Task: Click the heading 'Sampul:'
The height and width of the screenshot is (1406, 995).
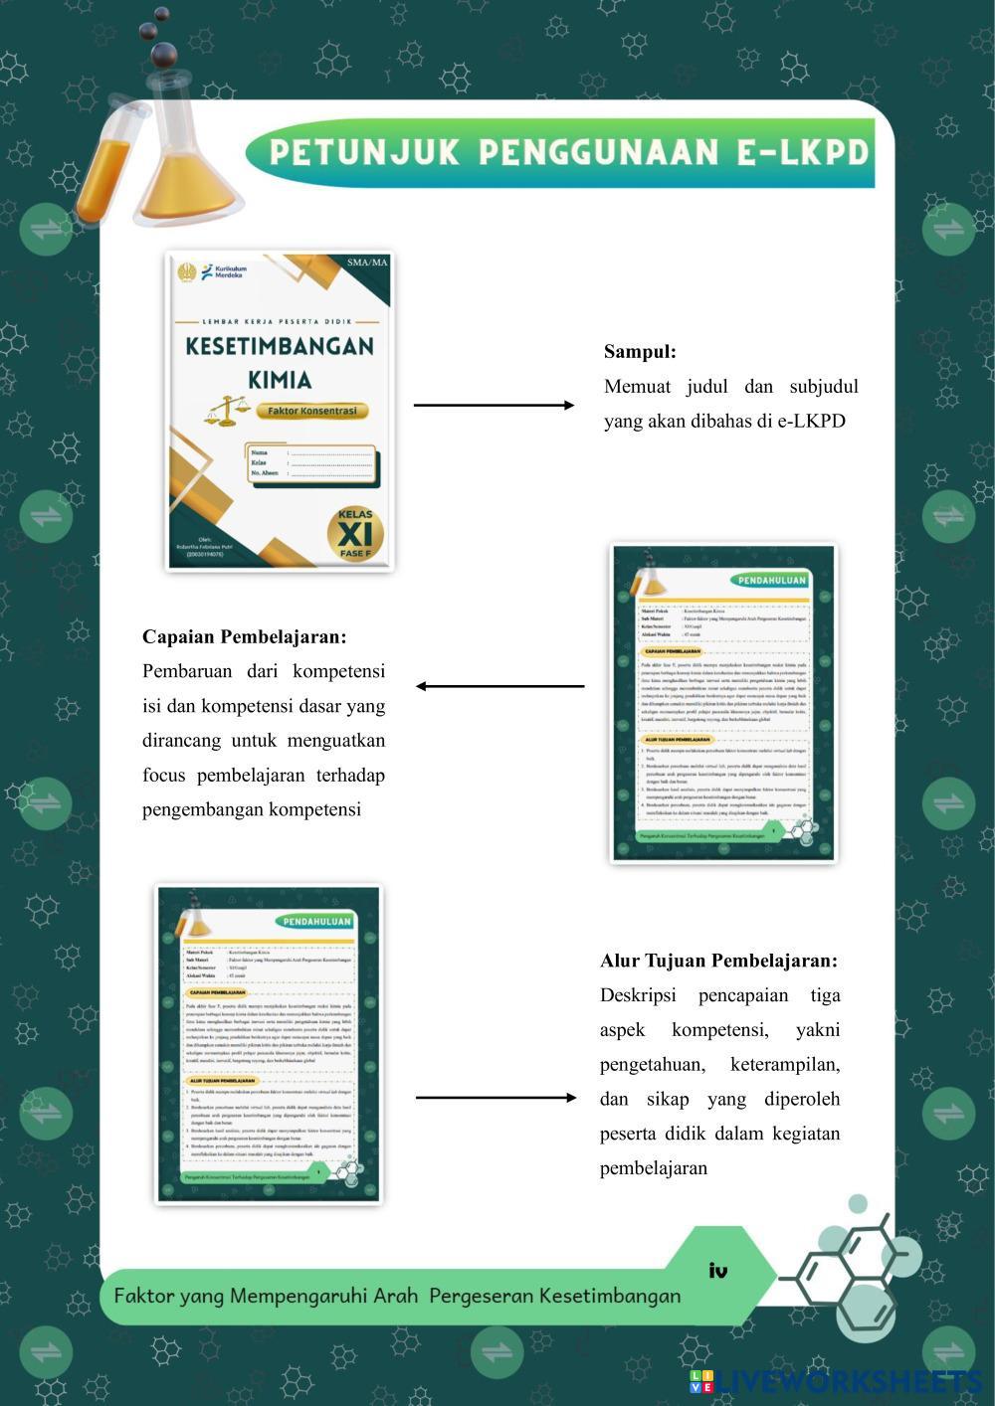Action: pyautogui.click(x=640, y=352)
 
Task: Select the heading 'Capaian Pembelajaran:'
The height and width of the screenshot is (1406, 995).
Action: pyautogui.click(x=244, y=636)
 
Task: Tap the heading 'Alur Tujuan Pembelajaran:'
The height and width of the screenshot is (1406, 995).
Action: pyautogui.click(x=718, y=961)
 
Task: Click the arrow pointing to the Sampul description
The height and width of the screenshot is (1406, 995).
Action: pyautogui.click(x=494, y=405)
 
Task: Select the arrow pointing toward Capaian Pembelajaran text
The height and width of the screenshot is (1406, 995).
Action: pyautogui.click(x=499, y=686)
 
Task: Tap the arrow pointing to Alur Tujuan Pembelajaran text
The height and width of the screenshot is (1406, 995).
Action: pyautogui.click(x=496, y=1098)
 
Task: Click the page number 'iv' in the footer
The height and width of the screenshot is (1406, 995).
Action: pyautogui.click(x=718, y=1271)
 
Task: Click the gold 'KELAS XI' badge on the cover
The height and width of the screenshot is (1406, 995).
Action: pyautogui.click(x=355, y=533)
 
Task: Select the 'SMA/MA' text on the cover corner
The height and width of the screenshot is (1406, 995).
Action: pyautogui.click(x=367, y=263)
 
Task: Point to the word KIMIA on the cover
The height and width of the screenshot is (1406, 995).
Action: pyautogui.click(x=280, y=380)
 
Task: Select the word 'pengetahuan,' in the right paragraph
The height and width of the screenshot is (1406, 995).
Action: pyautogui.click(x=652, y=1064)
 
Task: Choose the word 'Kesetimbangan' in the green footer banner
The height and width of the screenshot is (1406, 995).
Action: pyautogui.click(x=610, y=1296)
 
